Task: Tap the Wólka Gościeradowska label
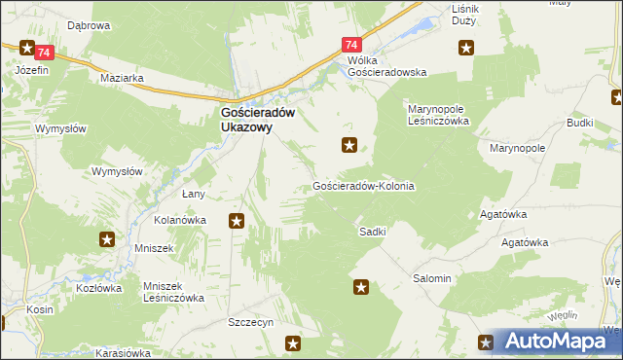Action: coord(387,66)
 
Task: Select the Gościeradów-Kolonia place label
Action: coord(364,186)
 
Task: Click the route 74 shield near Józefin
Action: coord(27,49)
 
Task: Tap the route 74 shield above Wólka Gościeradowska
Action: coord(352,45)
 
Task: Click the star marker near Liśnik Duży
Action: coord(467,47)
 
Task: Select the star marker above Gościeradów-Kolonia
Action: coord(349,146)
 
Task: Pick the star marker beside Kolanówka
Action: coord(236,222)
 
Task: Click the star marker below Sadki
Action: coord(361,286)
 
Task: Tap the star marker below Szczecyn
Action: coord(293,342)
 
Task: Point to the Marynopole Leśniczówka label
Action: coord(438,115)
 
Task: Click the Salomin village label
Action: coord(432,278)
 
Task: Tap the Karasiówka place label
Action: coord(122,352)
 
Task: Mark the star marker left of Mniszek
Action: coord(107,238)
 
